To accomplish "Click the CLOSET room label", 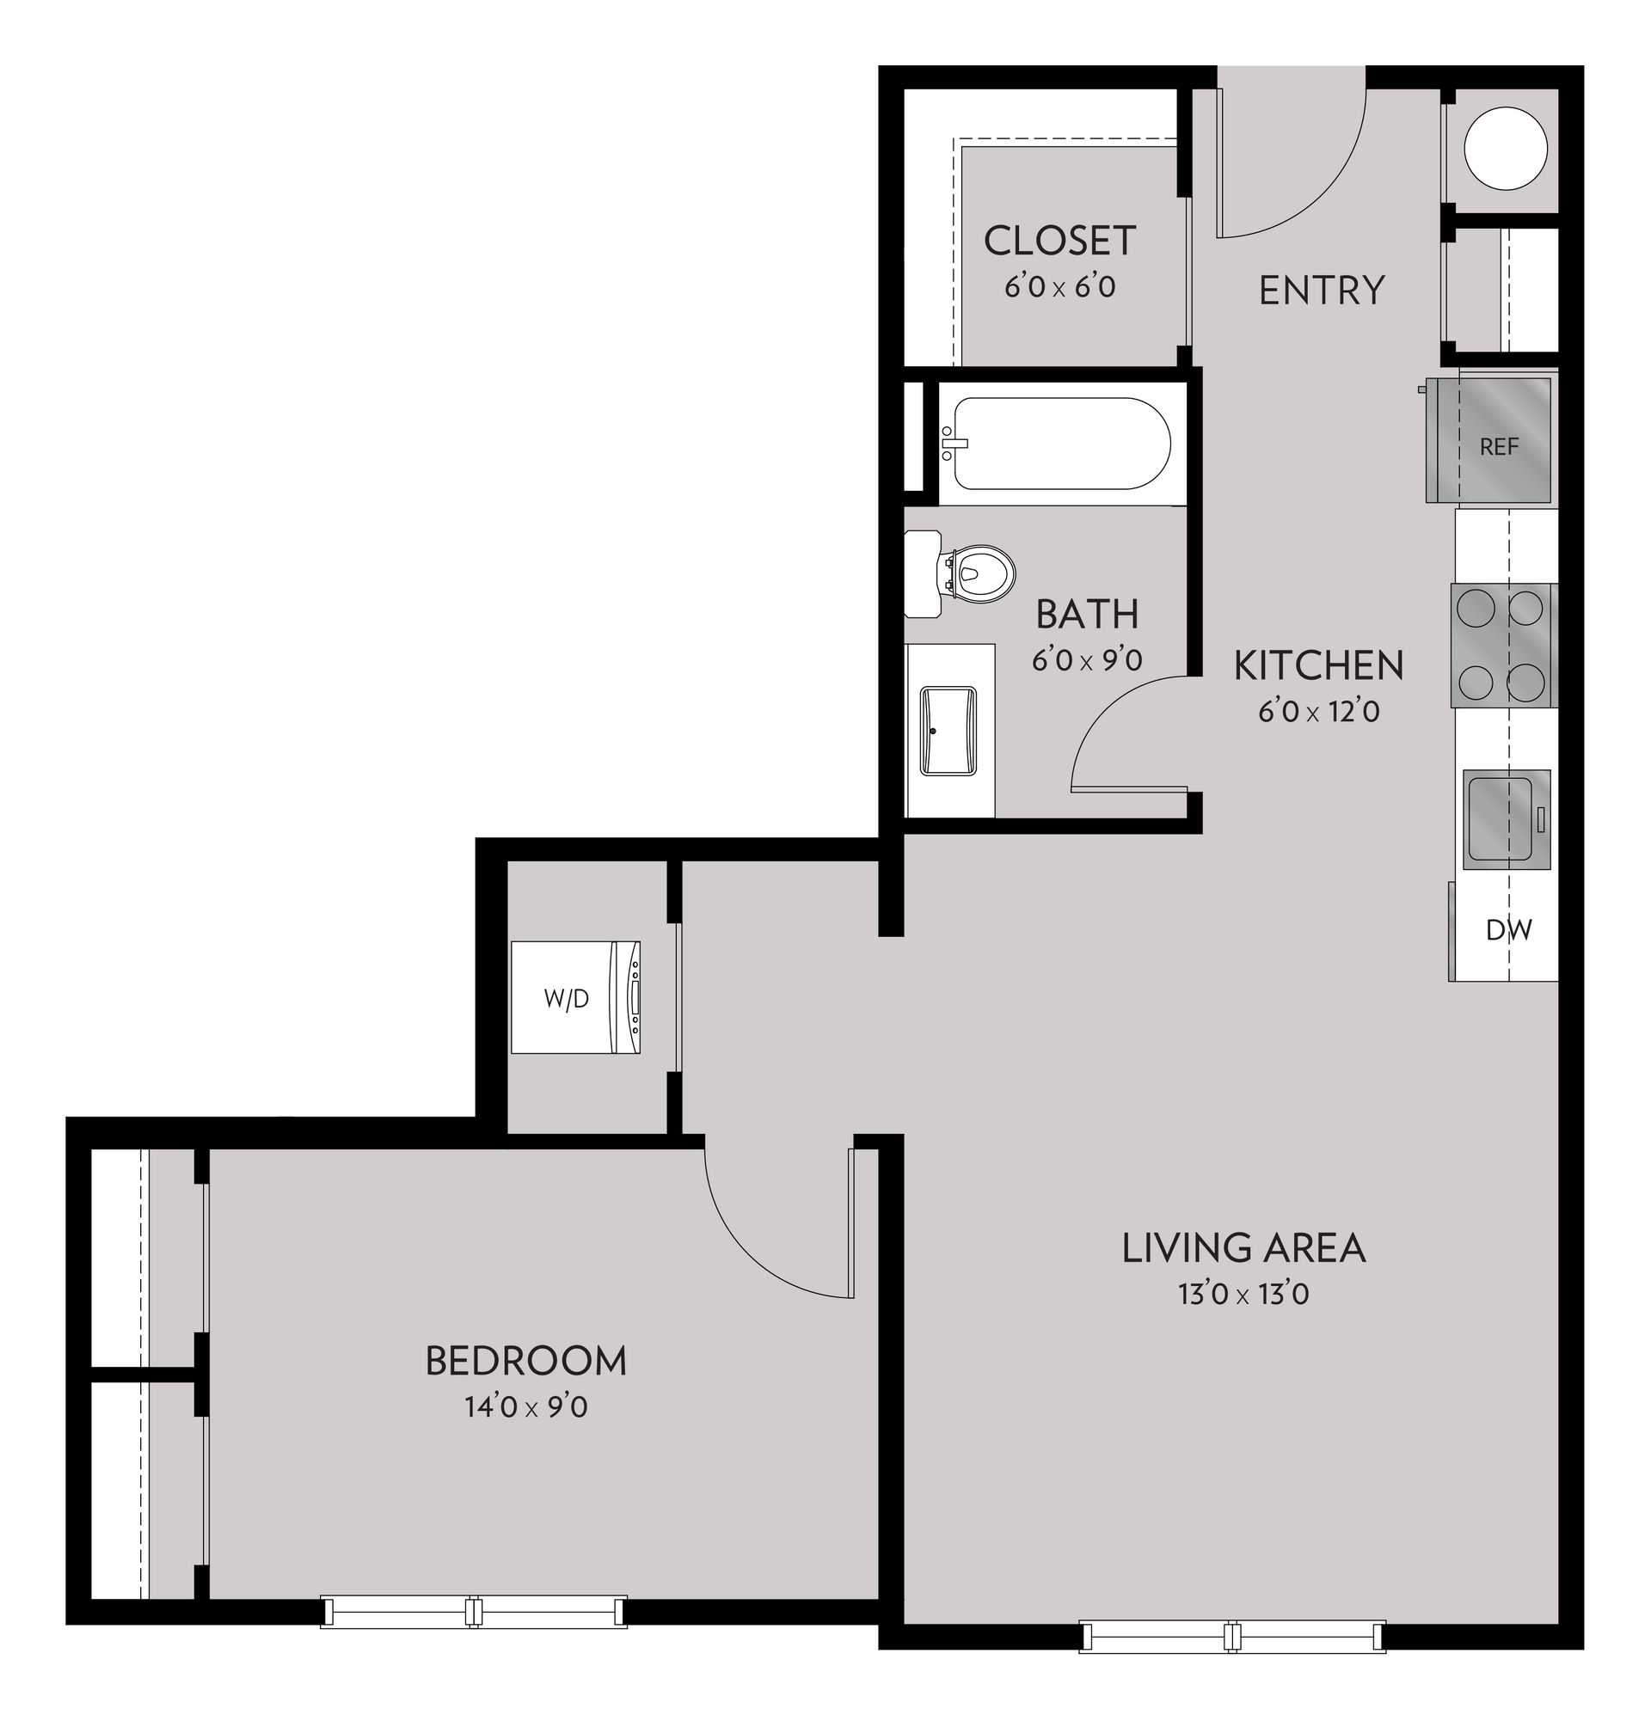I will click(x=1059, y=241).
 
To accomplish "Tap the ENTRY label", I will click(x=1321, y=290).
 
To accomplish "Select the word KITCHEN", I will click(x=1318, y=665).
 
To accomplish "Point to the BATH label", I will click(x=1087, y=614).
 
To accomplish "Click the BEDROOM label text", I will click(x=525, y=1360).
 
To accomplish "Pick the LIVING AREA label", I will click(x=1243, y=1247).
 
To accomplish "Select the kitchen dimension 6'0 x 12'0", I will click(x=1318, y=710).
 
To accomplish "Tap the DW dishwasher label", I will click(x=1508, y=929).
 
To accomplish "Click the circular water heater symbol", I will click(x=1504, y=149).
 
